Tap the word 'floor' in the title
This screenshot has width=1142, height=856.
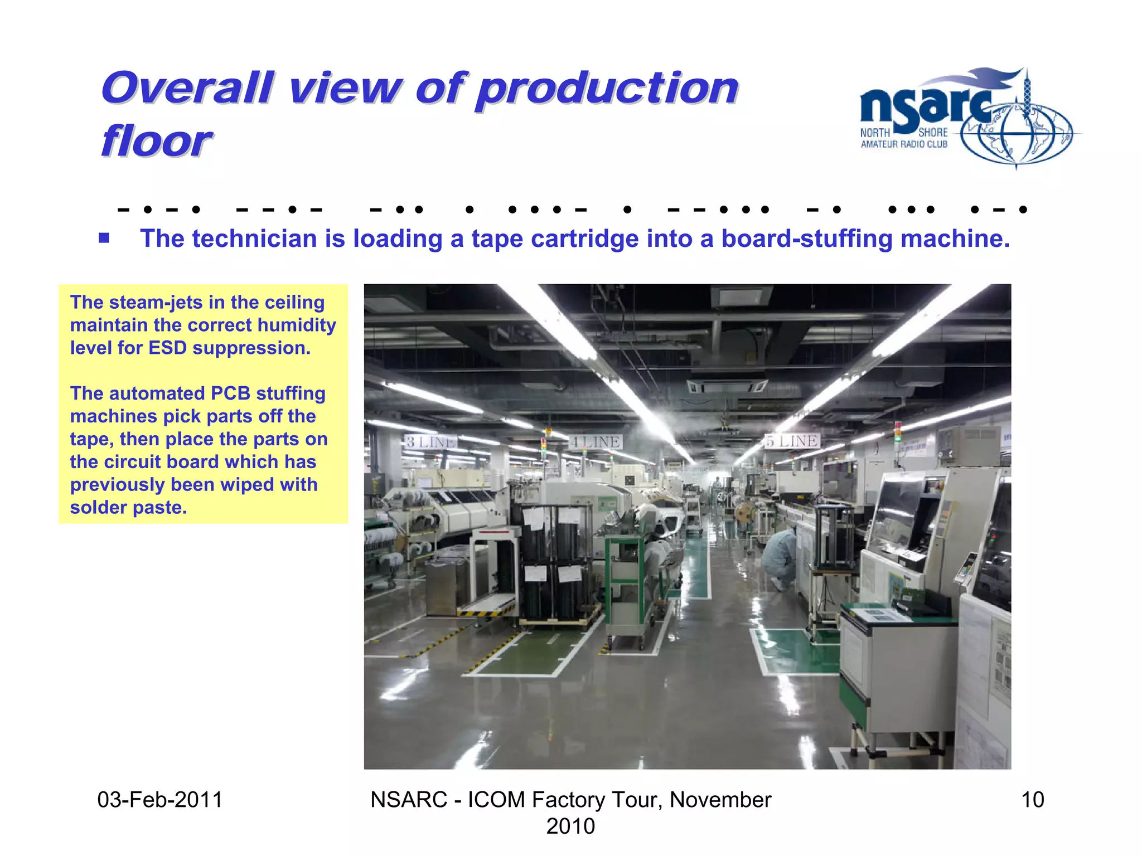click(157, 141)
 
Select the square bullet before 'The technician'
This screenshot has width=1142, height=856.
click(104, 239)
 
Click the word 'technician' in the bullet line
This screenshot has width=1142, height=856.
click(255, 239)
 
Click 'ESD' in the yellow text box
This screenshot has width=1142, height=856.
click(167, 348)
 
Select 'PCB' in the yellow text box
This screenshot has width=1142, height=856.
click(230, 393)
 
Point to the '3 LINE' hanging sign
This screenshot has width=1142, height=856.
click(430, 442)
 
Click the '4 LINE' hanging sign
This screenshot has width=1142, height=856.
click(596, 442)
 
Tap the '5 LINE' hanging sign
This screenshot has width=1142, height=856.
click(792, 441)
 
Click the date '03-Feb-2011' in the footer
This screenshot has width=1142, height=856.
click(160, 800)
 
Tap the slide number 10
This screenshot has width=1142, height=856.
click(1032, 800)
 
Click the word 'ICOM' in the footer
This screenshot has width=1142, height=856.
click(496, 800)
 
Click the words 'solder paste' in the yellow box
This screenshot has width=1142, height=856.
click(128, 508)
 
